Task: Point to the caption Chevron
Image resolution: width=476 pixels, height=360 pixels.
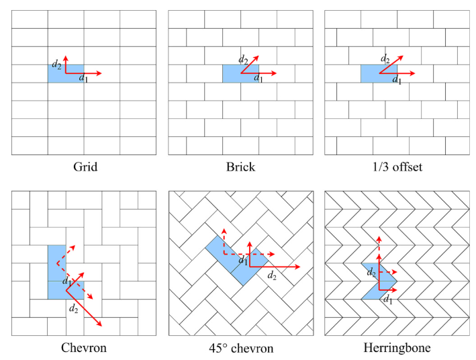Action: (x=84, y=348)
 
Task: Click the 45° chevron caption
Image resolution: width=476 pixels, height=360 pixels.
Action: (x=240, y=348)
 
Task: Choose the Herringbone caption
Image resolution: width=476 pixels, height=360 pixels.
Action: (x=396, y=348)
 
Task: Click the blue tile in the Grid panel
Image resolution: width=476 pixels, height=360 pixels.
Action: (x=57, y=74)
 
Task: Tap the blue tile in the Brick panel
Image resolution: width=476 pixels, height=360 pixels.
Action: (x=232, y=74)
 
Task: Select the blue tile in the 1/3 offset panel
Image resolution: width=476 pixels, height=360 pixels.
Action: (x=371, y=74)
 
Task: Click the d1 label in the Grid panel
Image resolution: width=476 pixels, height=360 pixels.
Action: (x=83, y=80)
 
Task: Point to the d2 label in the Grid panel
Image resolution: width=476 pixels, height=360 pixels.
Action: (x=56, y=64)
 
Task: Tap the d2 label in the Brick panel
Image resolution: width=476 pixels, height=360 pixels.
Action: (x=244, y=58)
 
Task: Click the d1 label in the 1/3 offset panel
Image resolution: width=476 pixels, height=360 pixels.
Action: (x=397, y=81)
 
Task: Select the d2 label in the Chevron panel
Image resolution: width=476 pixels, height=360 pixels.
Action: (x=73, y=308)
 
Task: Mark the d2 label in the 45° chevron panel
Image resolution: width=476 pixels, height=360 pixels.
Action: (x=272, y=275)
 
